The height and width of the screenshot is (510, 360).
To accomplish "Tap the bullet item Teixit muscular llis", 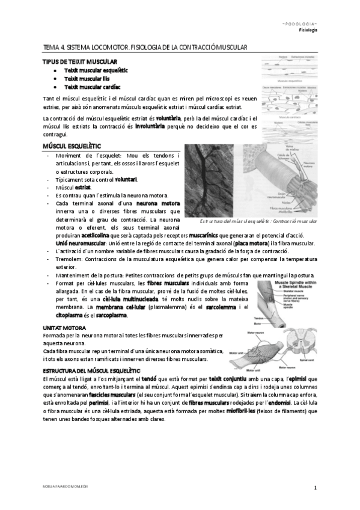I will tap(87, 78).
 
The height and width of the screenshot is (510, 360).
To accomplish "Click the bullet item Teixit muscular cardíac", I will tap(93, 87).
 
